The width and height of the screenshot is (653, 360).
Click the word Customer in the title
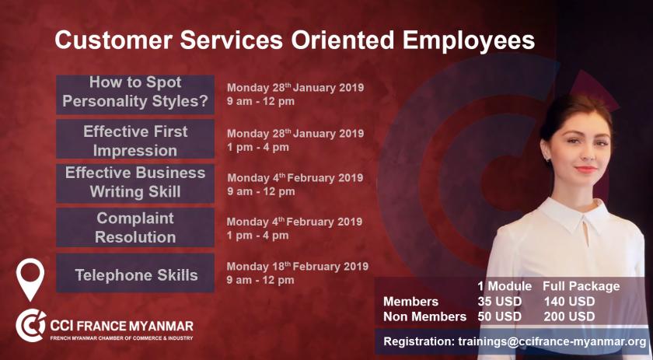pyautogui.click(x=113, y=40)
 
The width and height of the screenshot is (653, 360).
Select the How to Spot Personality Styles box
pyautogui.click(x=135, y=95)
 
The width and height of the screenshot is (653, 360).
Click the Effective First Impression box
pyautogui.click(x=135, y=139)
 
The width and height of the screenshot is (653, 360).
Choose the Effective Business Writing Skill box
pyautogui.click(x=135, y=183)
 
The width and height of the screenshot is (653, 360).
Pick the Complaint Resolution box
pyautogui.click(x=135, y=228)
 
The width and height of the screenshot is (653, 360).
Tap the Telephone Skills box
pyautogui.click(x=135, y=273)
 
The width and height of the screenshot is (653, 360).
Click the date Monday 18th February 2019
pyautogui.click(x=297, y=266)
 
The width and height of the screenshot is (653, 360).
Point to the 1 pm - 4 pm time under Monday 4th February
pyautogui.click(x=258, y=236)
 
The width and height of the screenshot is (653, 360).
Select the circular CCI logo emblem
pyautogui.click(x=31, y=326)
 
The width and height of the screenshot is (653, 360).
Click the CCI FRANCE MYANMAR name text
pyautogui.click(x=121, y=326)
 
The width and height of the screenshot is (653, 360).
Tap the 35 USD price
pyautogui.click(x=499, y=301)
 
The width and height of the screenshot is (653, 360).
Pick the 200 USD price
pyautogui.click(x=569, y=316)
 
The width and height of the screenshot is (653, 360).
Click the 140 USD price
pyautogui.click(x=569, y=301)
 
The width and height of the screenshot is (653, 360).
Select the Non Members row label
pyautogui.click(x=424, y=316)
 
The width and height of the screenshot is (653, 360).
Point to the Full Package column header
pyautogui.click(x=581, y=286)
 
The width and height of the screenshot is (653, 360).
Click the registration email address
pyautogui.click(x=552, y=341)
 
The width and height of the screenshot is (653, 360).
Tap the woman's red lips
pyautogui.click(x=586, y=170)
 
